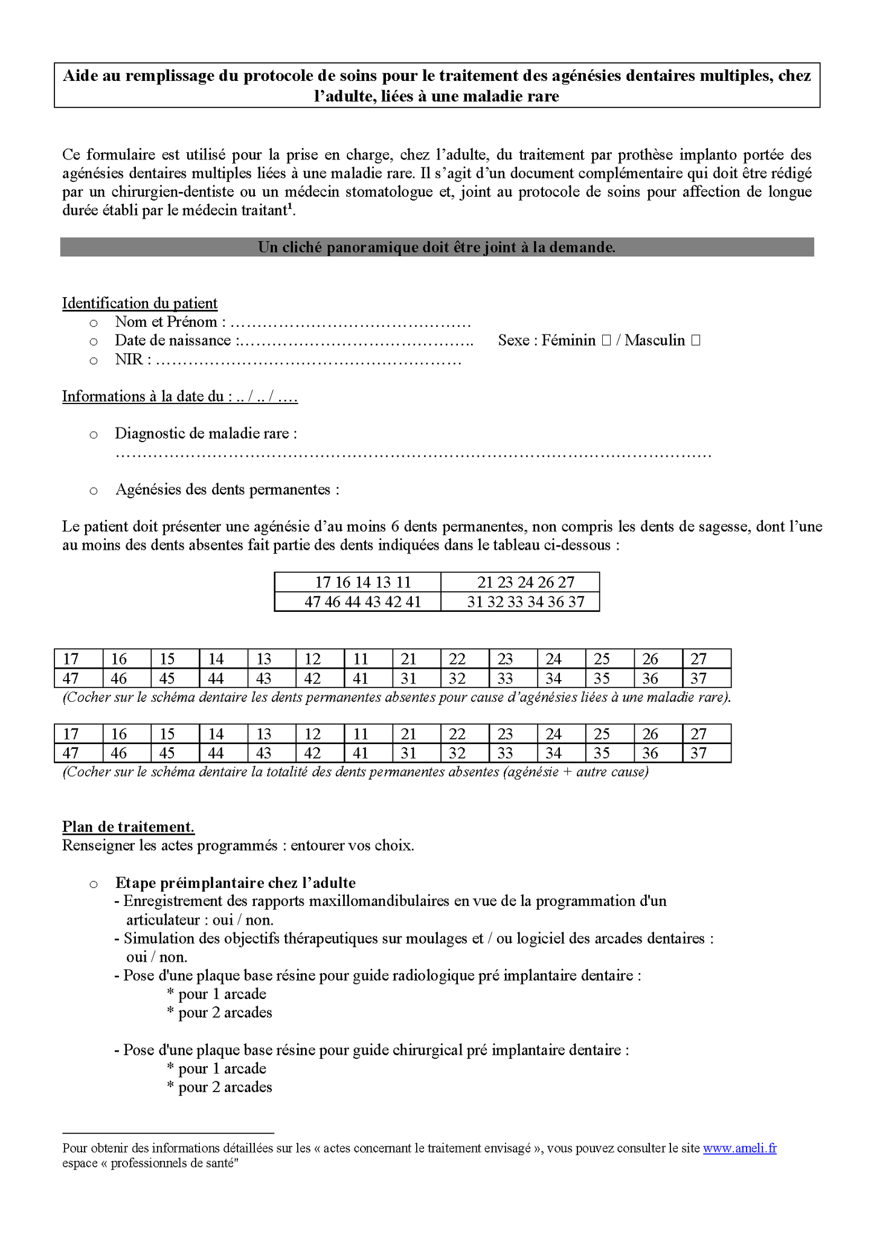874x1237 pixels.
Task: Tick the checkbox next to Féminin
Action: (x=606, y=341)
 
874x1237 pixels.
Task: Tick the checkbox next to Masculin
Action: (x=695, y=341)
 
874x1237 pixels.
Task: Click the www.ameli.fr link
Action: (x=739, y=1148)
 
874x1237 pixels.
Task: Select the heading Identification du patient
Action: (x=140, y=303)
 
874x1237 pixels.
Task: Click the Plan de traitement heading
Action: (x=128, y=827)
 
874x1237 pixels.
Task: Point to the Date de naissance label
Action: (x=174, y=341)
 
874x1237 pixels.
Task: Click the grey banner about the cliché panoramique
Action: (x=437, y=247)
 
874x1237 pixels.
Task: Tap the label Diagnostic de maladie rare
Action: (x=205, y=434)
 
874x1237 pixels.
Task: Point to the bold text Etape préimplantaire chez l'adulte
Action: (x=236, y=883)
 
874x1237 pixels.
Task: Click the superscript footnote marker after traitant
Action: (x=291, y=207)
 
